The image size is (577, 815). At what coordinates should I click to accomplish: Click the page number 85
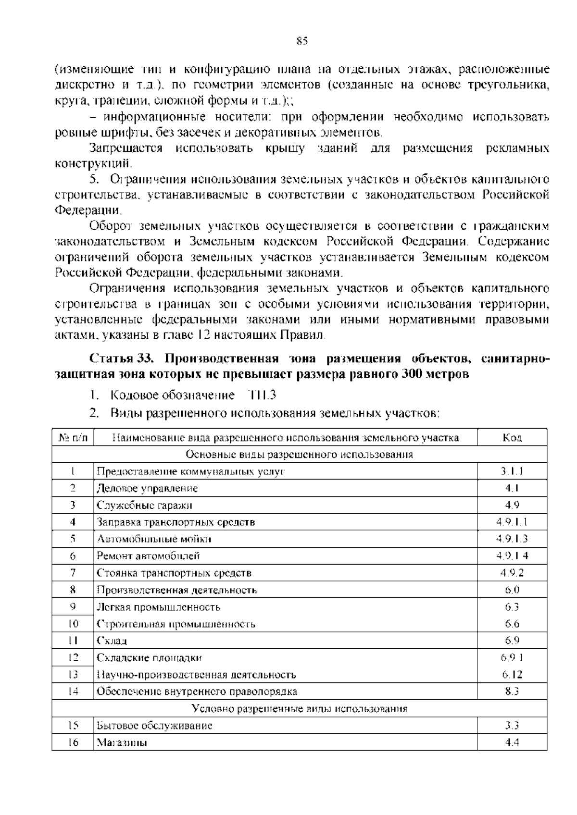point(301,41)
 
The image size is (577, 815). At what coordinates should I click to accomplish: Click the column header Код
point(512,437)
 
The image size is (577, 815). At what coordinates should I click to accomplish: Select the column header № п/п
point(73,437)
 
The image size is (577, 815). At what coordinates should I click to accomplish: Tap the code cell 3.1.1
point(512,471)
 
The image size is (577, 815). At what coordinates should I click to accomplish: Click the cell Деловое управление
point(147,489)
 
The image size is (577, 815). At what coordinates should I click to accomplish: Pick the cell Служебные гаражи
point(144,506)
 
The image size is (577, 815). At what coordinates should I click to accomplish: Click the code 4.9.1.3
point(512,539)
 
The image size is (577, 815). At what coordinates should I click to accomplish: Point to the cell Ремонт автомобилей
point(148,556)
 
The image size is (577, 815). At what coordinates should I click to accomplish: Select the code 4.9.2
point(512,573)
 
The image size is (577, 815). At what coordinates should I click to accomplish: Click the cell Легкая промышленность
point(159,607)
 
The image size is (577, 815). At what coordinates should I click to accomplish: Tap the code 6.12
point(512,675)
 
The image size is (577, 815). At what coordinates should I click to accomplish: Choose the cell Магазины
point(122,742)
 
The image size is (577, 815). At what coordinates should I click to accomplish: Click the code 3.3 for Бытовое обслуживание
point(512,726)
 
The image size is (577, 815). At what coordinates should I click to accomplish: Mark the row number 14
point(73,692)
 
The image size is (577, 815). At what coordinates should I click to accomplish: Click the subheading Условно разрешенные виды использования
point(299,709)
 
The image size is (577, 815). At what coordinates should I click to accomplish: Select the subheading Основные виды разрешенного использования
point(299,455)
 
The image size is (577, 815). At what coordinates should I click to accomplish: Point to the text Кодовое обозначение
point(172,395)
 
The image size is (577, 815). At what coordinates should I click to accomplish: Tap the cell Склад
point(112,641)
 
